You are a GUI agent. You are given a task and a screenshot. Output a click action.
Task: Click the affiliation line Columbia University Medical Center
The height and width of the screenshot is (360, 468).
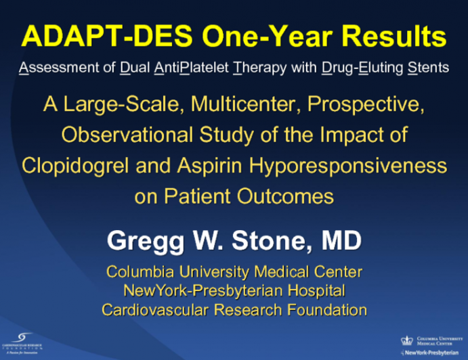pyautogui.click(x=234, y=272)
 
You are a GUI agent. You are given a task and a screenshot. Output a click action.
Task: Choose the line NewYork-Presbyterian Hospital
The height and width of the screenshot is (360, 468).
pyautogui.click(x=234, y=291)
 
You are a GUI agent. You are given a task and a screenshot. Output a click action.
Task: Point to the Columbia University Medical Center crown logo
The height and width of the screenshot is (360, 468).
pyautogui.click(x=406, y=340)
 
